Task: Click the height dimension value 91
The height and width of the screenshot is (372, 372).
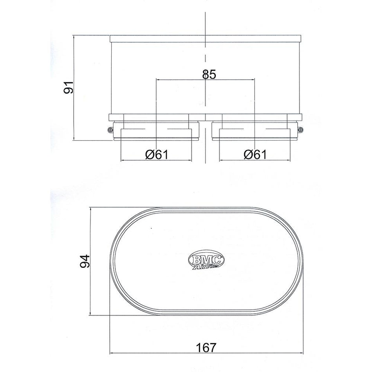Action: pos(69,88)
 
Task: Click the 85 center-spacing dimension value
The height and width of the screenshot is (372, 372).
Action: pos(209,74)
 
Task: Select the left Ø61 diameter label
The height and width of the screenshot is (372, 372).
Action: pos(156,154)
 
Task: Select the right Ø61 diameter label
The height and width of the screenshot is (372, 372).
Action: pos(255,154)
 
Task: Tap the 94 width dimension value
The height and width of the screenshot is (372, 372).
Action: pos(85,261)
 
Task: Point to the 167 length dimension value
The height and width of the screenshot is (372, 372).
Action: pos(206,347)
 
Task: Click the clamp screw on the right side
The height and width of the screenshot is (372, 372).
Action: pos(300,130)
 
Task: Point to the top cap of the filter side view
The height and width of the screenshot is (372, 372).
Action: pos(206,39)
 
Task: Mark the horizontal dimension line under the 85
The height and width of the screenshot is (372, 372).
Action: pos(180,79)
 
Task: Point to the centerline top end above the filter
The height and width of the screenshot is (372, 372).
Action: pos(206,14)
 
